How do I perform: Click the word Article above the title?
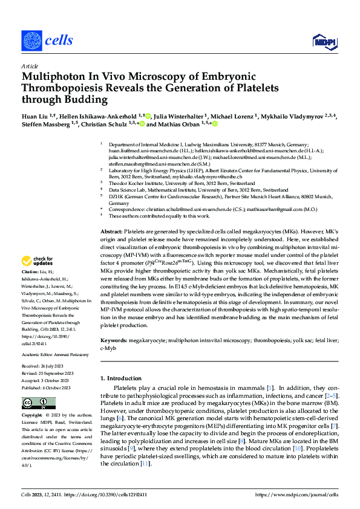pos(29,66)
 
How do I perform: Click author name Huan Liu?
pos(36,115)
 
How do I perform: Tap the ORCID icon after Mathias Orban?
pos(213,124)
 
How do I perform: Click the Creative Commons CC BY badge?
pos(39,404)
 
